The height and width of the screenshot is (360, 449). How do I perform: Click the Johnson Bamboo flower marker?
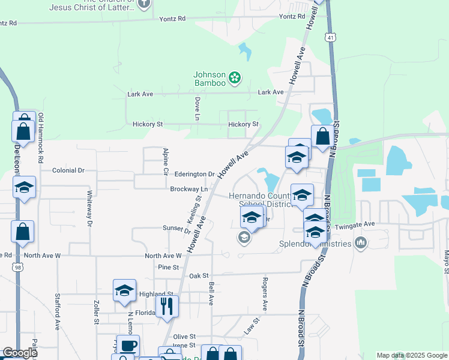point(235,77)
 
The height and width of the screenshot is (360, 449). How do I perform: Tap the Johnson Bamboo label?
point(209,79)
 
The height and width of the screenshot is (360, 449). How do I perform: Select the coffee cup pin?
point(128,345)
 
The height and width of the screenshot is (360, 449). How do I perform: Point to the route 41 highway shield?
point(330,38)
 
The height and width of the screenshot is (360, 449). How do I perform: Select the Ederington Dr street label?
point(194,174)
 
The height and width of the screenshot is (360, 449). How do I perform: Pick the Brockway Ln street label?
point(188,189)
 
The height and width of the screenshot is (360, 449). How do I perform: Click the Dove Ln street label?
point(197,108)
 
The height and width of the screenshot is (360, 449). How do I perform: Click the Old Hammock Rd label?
point(41,138)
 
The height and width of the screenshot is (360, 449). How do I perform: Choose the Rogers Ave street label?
point(264,293)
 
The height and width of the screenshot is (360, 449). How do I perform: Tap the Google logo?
point(20,353)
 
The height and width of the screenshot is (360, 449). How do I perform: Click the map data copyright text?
point(412,355)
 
